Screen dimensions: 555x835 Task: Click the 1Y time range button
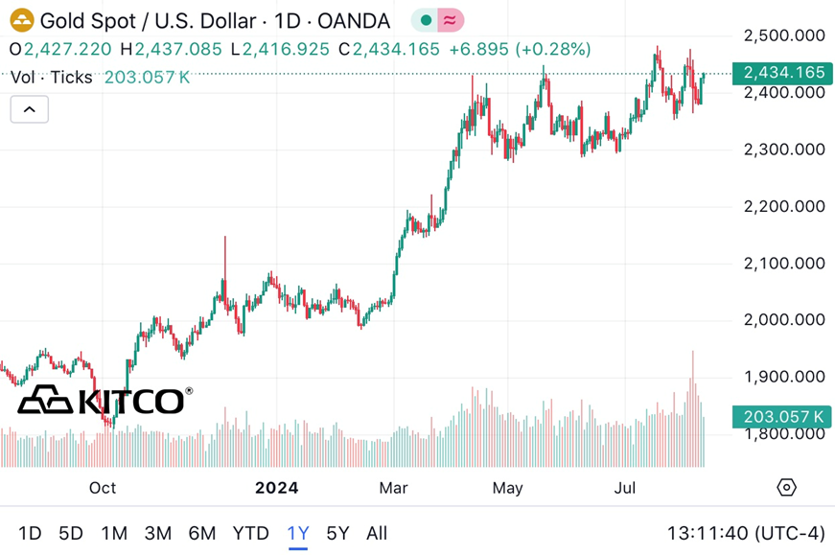[x=297, y=533]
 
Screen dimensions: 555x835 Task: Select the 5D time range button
[x=71, y=533]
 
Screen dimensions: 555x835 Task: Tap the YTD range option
[x=251, y=533]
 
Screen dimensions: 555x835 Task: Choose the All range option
[x=377, y=533]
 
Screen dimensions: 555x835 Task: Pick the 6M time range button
[x=201, y=533]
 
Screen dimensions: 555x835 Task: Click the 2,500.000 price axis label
[x=784, y=35]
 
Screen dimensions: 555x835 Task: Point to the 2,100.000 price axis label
[x=784, y=263]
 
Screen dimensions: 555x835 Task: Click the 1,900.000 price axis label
[x=784, y=377]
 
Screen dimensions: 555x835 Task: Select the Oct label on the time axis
[x=103, y=488]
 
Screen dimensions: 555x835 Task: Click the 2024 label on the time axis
[x=276, y=488]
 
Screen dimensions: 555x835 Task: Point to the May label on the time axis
[x=507, y=488]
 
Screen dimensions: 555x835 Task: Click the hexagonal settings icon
[x=786, y=488]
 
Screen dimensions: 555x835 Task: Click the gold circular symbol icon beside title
[x=22, y=20]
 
